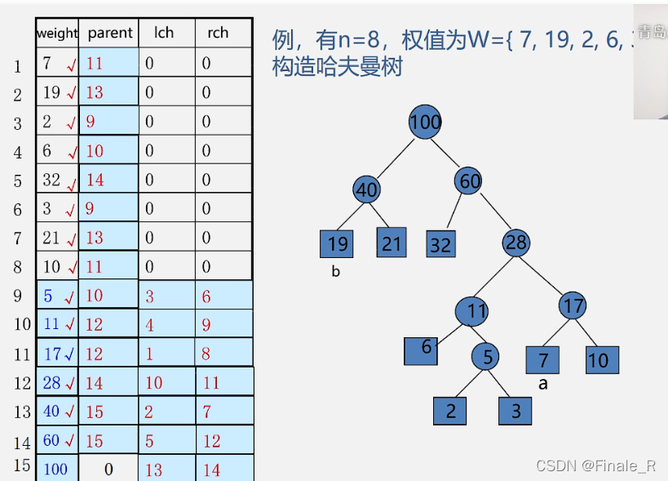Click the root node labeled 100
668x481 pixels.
point(425,122)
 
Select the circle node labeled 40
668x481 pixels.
point(367,189)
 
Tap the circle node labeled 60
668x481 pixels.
point(470,180)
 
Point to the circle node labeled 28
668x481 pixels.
point(516,243)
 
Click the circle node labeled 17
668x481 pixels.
point(573,305)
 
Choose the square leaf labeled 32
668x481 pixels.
point(440,245)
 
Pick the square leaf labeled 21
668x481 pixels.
point(392,243)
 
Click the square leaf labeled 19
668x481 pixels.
point(337,244)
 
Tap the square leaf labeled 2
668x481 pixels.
point(450,411)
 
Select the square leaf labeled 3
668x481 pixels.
point(515,411)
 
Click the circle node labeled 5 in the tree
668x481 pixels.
point(487,357)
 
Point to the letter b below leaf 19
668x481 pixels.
point(335,272)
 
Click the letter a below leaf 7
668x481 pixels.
point(543,383)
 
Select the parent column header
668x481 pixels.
point(109,33)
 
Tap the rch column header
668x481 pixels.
point(218,33)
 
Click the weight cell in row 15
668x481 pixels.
point(56,470)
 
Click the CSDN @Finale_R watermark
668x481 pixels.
point(595,466)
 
